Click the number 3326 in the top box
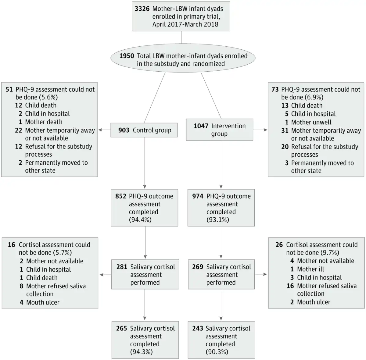[x=142, y=9]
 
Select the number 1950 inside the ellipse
[x=127, y=56]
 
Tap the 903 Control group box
[x=144, y=130]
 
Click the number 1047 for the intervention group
[x=201, y=126]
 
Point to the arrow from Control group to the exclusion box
[x=105, y=130]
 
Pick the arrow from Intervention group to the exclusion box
[x=260, y=130]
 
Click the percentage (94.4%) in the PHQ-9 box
[x=140, y=220]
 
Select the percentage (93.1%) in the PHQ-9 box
[x=218, y=220]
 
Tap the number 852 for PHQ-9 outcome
[x=120, y=196]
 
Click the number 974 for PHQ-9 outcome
[x=198, y=196]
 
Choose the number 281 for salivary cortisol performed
[x=122, y=267]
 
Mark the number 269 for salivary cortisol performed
[x=198, y=267]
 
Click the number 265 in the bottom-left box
[x=122, y=328]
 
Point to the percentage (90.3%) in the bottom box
[x=217, y=352]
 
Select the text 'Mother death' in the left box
[x=44, y=122]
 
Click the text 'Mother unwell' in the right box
[x=311, y=122]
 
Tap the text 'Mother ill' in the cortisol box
[x=310, y=269]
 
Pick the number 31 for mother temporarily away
[x=285, y=131]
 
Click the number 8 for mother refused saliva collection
[x=21, y=286]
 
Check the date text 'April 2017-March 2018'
[x=185, y=24]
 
